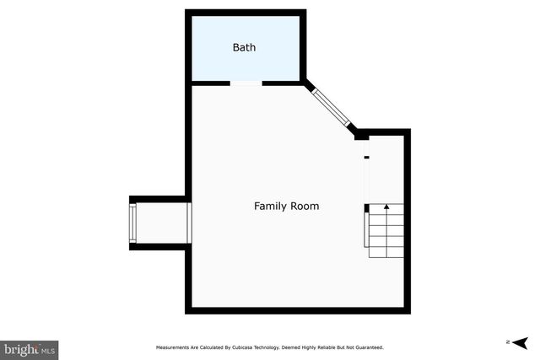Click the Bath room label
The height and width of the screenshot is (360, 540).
(244, 47)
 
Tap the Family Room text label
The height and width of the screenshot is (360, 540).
(287, 206)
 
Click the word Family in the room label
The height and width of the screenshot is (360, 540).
(270, 206)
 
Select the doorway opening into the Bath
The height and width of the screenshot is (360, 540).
(246, 83)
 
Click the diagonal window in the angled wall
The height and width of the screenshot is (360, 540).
(332, 108)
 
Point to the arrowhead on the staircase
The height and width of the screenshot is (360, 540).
(387, 206)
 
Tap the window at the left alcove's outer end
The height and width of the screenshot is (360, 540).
(132, 223)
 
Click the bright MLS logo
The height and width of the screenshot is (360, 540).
(30, 347)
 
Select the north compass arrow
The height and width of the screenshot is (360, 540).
(519, 342)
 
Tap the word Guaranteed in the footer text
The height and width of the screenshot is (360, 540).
(367, 347)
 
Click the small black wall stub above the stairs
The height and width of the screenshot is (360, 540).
(366, 157)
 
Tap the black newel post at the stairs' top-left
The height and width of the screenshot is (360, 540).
(367, 207)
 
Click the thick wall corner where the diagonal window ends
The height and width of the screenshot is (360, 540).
(361, 134)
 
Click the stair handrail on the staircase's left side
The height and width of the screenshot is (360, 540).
(366, 232)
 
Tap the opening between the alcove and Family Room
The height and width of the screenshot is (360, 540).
(190, 223)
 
